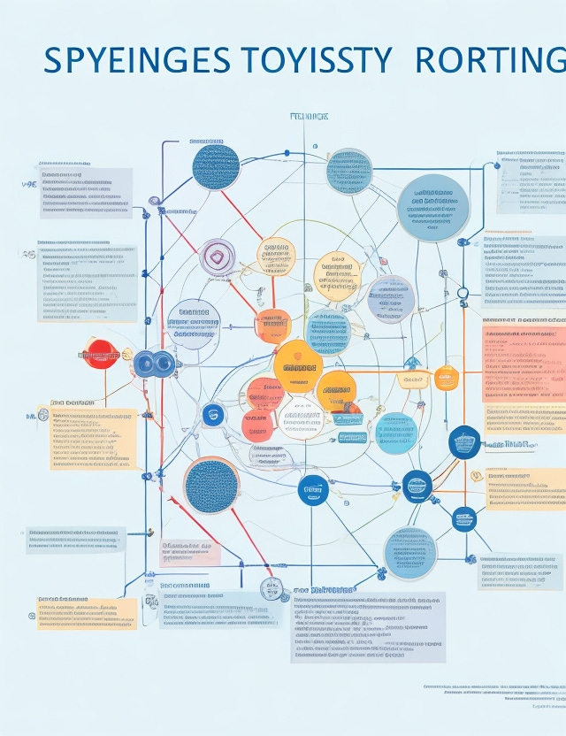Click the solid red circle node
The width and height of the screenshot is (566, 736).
click(x=100, y=354)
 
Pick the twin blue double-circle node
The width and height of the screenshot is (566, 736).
click(x=155, y=363)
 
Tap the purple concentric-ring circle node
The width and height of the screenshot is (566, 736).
click(x=217, y=257)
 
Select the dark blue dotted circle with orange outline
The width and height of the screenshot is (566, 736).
click(x=212, y=486)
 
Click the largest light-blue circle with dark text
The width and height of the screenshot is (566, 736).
click(x=432, y=208)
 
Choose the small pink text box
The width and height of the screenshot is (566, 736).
click(x=188, y=554)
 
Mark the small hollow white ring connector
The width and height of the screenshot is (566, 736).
click(x=462, y=294)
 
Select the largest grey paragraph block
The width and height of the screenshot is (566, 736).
click(x=367, y=627)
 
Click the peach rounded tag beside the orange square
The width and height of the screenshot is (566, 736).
click(x=412, y=380)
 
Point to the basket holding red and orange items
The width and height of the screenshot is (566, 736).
click(x=348, y=413)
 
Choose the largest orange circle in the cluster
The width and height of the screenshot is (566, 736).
click(x=298, y=365)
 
